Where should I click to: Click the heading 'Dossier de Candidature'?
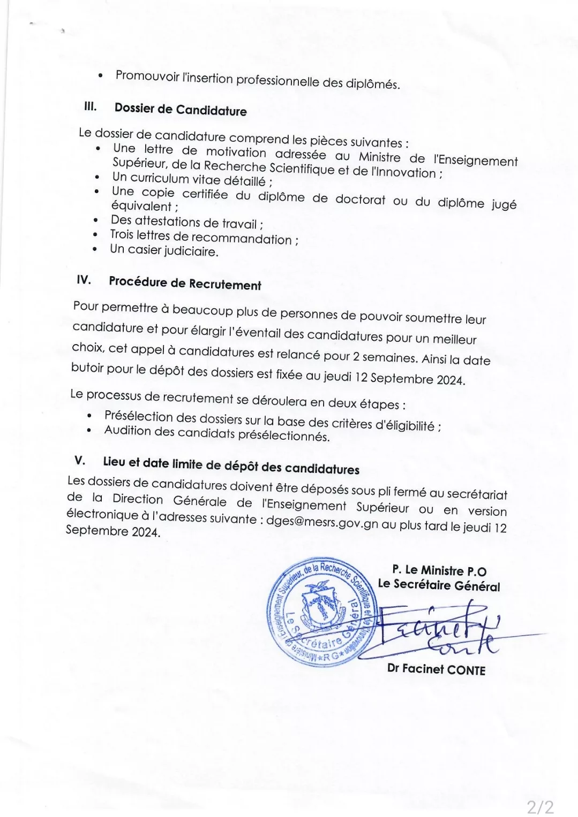click(181, 110)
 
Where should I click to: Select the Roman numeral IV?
click(84, 280)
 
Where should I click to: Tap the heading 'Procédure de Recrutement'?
click(185, 283)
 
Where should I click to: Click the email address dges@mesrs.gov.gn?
click(322, 523)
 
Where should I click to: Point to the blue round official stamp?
click(322, 610)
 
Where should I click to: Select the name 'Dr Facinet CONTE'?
click(436, 669)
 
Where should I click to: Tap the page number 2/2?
click(539, 806)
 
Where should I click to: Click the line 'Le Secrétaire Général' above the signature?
click(439, 585)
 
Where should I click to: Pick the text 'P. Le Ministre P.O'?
click(439, 570)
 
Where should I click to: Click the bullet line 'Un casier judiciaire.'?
click(164, 250)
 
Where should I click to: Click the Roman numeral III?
click(91, 106)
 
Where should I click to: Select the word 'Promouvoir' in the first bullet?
click(147, 76)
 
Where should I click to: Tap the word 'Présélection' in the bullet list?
click(139, 416)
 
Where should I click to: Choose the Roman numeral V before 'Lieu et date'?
click(80, 460)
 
